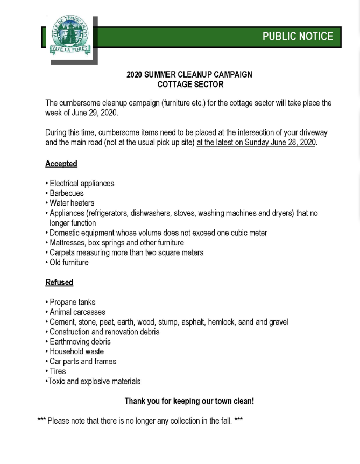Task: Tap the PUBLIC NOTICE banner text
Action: coord(298,37)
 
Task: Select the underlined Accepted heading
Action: coord(61,164)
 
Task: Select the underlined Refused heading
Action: coord(59,282)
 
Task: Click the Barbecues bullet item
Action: coord(66,193)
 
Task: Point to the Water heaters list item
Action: coord(72,203)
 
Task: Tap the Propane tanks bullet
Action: coord(72,302)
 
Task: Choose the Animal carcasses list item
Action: coord(77,312)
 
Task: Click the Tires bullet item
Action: coord(58,371)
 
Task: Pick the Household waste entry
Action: coord(76,351)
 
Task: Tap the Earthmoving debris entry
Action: coord(80,342)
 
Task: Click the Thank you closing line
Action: coord(189,401)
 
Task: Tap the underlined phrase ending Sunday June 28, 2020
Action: coord(257,143)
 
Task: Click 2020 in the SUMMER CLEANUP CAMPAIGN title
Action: coord(135,75)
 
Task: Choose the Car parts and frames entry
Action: coord(82,362)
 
